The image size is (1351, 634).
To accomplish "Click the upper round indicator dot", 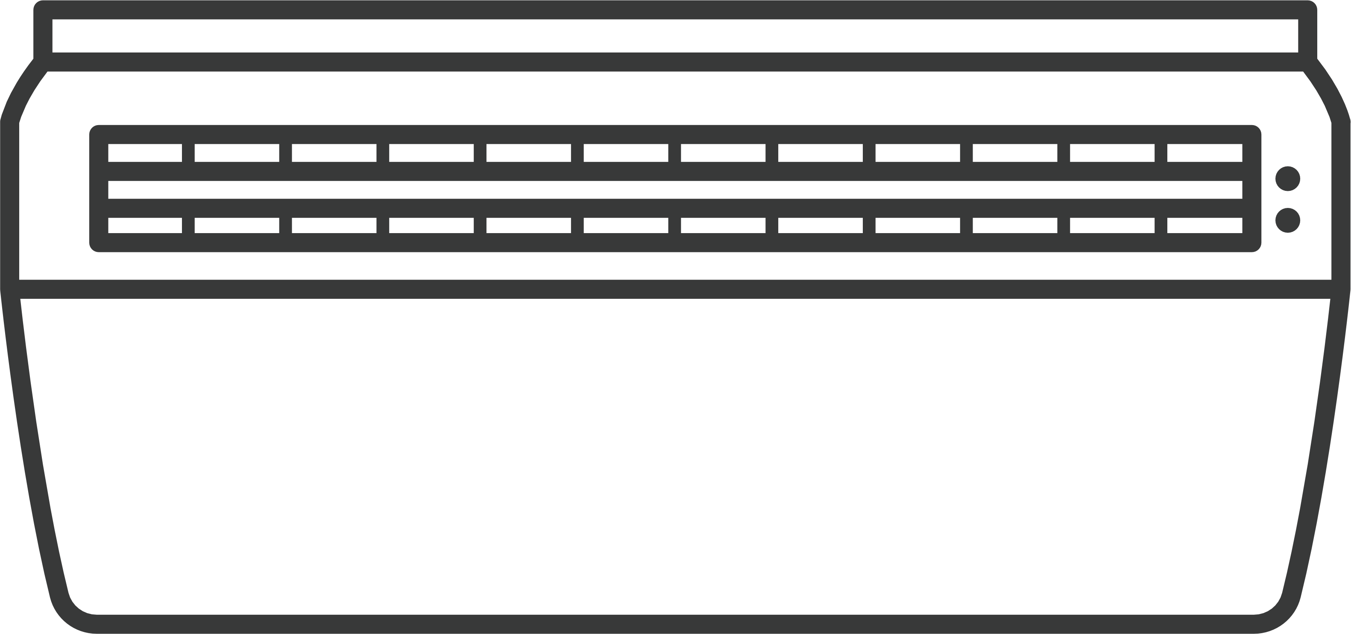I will (x=1287, y=179).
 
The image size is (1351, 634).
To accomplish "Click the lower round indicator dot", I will (x=1287, y=220).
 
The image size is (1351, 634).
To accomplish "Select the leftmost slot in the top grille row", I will (x=145, y=153).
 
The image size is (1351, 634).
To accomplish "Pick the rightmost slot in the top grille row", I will (x=1204, y=153).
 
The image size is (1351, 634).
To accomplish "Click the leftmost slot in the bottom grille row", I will (x=145, y=225).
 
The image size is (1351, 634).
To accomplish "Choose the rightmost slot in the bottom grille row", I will (x=1204, y=225).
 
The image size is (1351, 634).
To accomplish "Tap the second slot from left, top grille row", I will (x=237, y=153).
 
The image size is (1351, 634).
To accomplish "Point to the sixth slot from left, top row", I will (x=626, y=153).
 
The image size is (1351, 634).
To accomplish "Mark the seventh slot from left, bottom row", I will (x=723, y=225).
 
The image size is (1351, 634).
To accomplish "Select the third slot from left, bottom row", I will (x=334, y=225).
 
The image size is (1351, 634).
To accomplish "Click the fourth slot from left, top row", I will (x=431, y=153).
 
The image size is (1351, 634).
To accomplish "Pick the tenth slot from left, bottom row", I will (x=1015, y=225).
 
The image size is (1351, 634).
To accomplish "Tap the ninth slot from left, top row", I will (x=918, y=153).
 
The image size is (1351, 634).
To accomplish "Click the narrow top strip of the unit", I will (x=675, y=36).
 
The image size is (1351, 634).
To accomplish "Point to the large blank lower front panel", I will (x=675, y=456).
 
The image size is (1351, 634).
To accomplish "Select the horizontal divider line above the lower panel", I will (x=675, y=289).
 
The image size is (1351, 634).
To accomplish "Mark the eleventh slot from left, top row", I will (x=1112, y=153).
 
